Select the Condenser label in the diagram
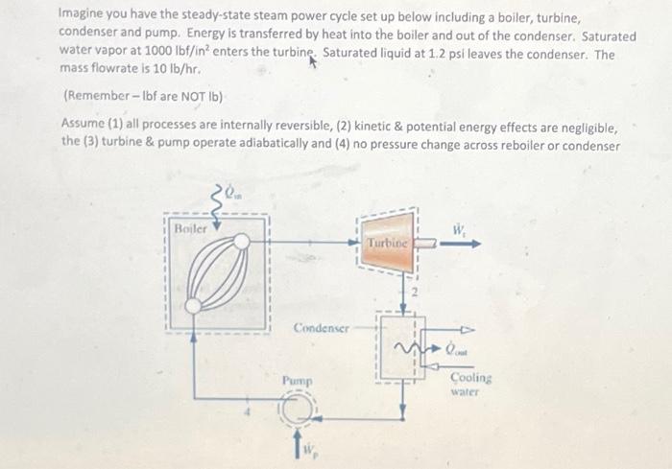point(321,327)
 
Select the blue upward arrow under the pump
point(295,446)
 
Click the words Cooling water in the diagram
point(471,385)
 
